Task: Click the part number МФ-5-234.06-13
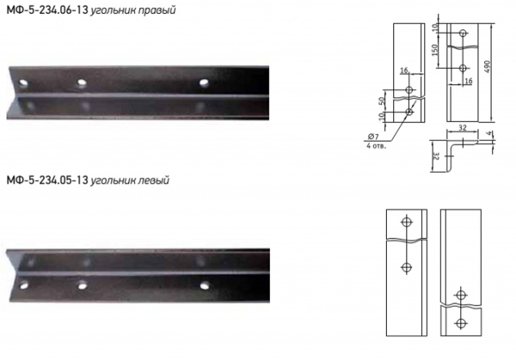pyautogui.click(x=47, y=10)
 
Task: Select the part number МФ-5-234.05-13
pyautogui.click(x=47, y=180)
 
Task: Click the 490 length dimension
pyautogui.click(x=488, y=67)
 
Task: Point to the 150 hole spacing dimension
pyautogui.click(x=434, y=50)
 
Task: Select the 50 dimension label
pyautogui.click(x=382, y=101)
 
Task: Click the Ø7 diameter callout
pyautogui.click(x=373, y=137)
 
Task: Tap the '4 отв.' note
pyautogui.click(x=376, y=146)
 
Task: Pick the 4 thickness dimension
pyautogui.click(x=489, y=133)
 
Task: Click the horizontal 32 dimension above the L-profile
pyautogui.click(x=463, y=127)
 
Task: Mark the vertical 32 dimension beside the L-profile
pyautogui.click(x=435, y=156)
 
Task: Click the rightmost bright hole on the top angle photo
pyautogui.click(x=204, y=82)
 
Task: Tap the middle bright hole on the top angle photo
pyautogui.click(x=82, y=82)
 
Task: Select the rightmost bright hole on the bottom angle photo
pyautogui.click(x=205, y=285)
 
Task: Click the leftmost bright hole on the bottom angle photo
pyautogui.click(x=24, y=285)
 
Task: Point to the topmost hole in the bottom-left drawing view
pyautogui.click(x=407, y=222)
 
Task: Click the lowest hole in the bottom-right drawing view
pyautogui.click(x=461, y=324)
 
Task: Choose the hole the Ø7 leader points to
pyautogui.click(x=409, y=112)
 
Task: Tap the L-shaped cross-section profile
pyautogui.click(x=448, y=155)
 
